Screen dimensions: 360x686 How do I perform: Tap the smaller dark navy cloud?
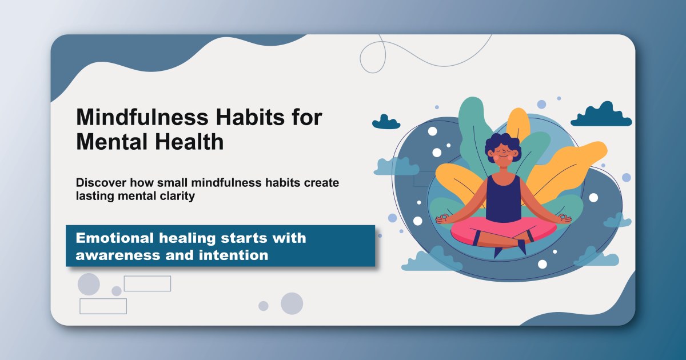pyautogui.click(x=386, y=122)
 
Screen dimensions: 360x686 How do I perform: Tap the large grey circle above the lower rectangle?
pyautogui.click(x=89, y=284)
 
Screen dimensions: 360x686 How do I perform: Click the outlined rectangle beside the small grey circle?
pyautogui.click(x=147, y=283)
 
